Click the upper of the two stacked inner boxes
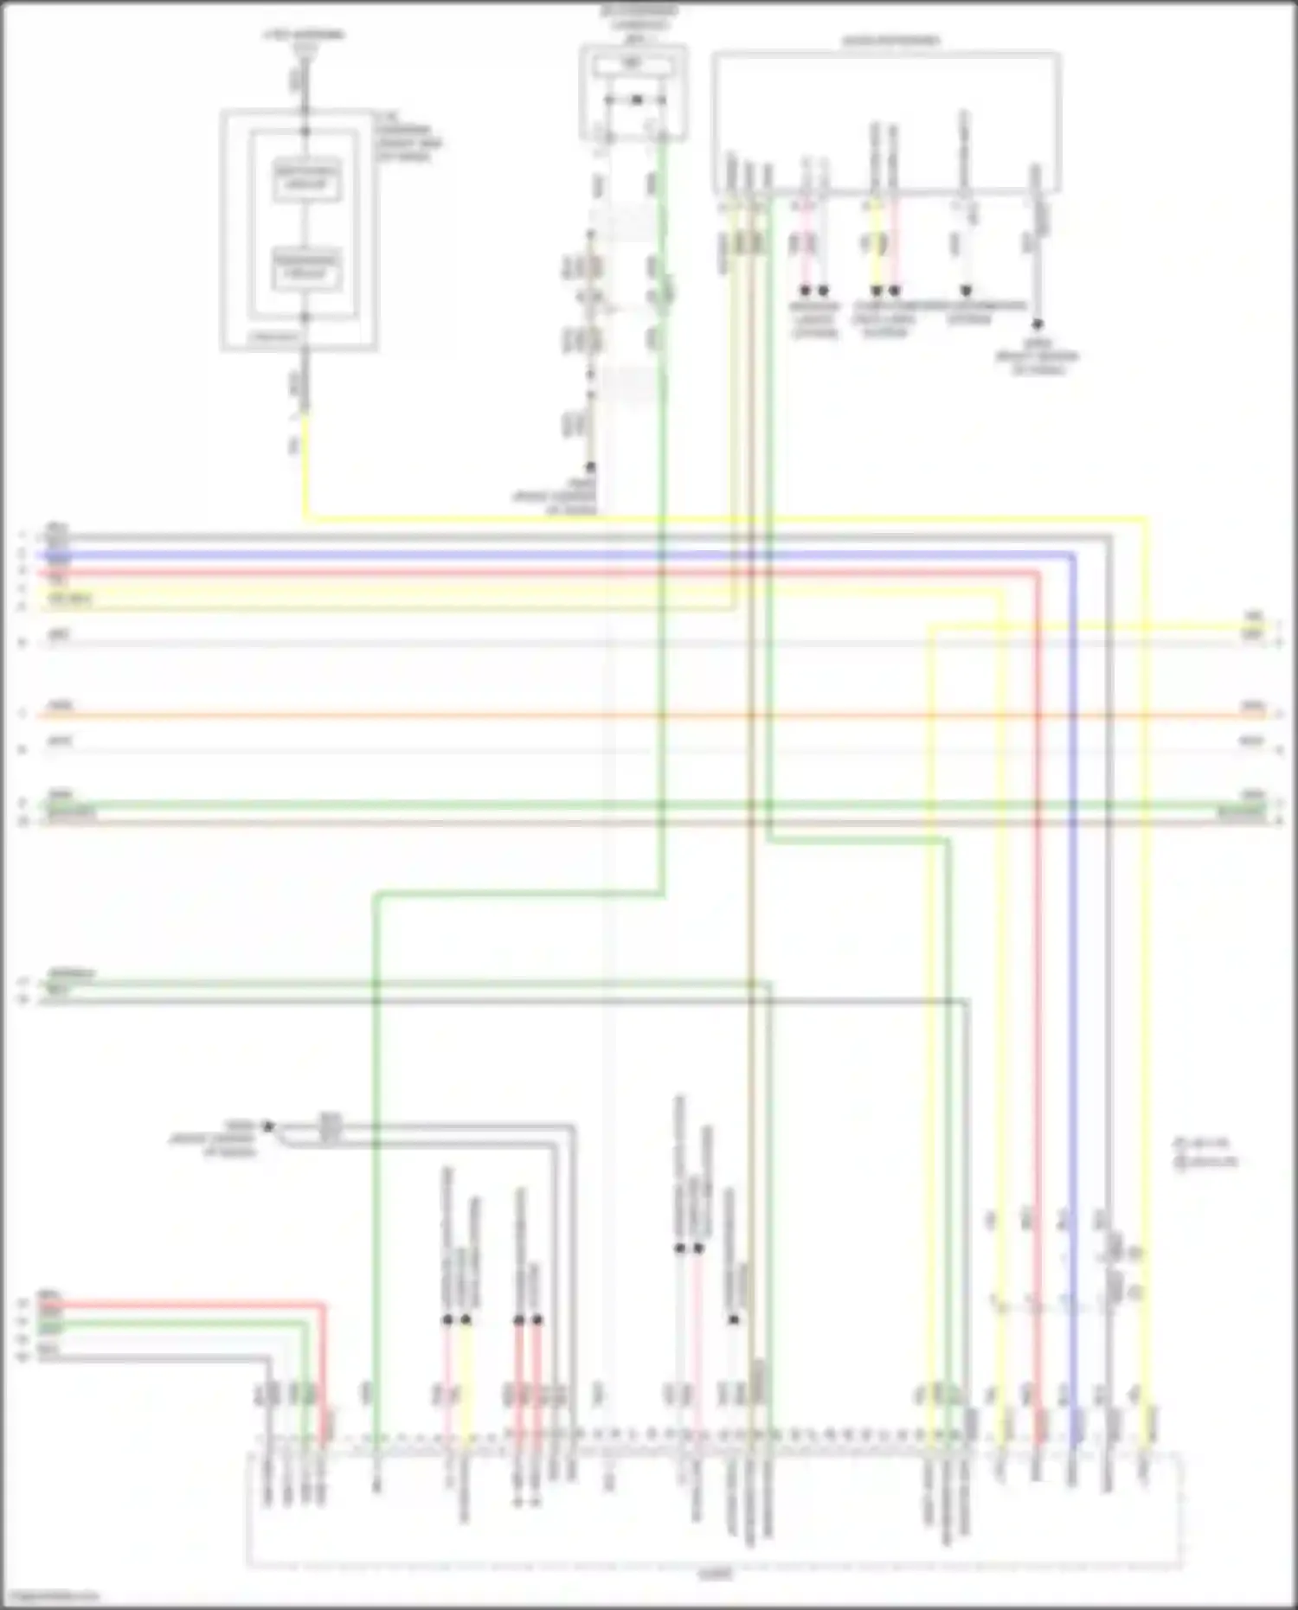306,181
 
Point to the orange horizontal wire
606,715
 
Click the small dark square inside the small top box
636,100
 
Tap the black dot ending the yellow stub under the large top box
876,291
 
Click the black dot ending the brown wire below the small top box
591,466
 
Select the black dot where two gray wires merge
268,1126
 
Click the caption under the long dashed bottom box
715,1575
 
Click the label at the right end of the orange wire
1252,706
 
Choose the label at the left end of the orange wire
59,706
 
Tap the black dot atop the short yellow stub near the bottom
466,1320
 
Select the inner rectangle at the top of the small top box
633,65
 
